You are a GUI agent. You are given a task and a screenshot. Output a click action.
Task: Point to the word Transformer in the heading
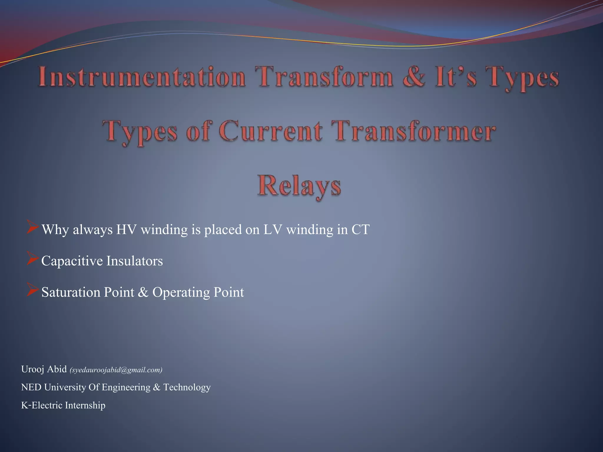413,131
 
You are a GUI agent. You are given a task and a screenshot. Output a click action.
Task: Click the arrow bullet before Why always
32,227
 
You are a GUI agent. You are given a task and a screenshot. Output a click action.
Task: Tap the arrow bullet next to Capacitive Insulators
32,258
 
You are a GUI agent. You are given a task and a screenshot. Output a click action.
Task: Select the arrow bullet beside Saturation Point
32,290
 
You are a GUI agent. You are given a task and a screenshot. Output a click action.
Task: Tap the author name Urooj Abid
44,369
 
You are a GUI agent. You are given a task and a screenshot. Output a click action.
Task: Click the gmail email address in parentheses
116,370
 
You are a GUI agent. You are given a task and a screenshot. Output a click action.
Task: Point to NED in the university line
31,387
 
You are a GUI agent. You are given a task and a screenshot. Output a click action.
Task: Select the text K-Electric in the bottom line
42,406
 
